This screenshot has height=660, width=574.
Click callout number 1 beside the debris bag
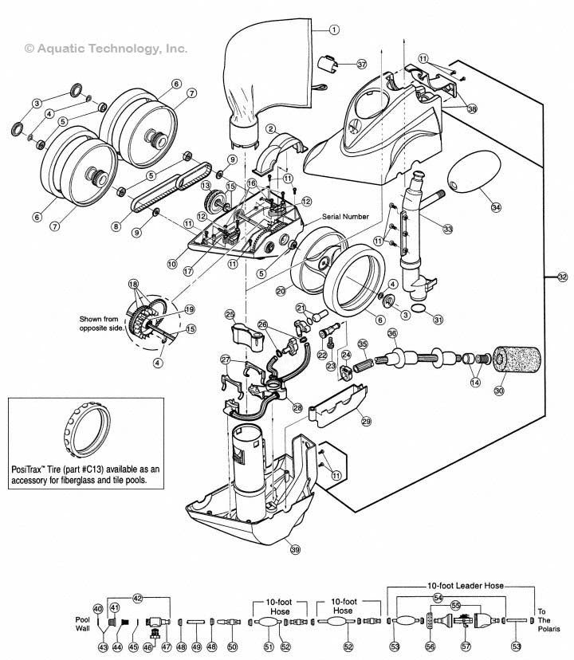pos(334,29)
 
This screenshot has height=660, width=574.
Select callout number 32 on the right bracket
pos(563,277)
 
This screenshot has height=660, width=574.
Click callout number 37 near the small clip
pos(361,64)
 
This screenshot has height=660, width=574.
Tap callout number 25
pos(229,314)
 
